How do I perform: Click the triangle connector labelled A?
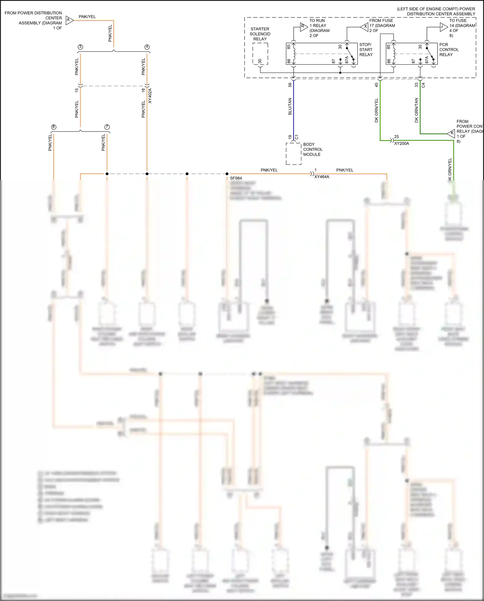click(x=69, y=20)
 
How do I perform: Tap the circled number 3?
click(x=80, y=47)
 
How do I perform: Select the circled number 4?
click(x=147, y=47)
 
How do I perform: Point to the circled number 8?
click(x=54, y=127)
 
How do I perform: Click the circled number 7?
click(x=107, y=127)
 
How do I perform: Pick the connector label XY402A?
click(x=150, y=96)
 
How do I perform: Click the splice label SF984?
click(x=236, y=178)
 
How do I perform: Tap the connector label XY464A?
click(x=322, y=177)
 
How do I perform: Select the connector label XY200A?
click(x=401, y=143)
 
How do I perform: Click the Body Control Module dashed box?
click(x=294, y=154)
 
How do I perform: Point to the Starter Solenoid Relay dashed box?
click(x=260, y=54)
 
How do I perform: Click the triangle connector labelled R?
click(x=303, y=27)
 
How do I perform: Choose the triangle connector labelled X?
click(x=365, y=27)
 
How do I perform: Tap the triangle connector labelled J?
click(x=443, y=27)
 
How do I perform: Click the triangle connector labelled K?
click(x=451, y=133)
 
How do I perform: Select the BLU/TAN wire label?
click(x=290, y=106)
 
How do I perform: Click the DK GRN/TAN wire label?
click(x=416, y=110)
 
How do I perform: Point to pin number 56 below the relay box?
click(x=290, y=85)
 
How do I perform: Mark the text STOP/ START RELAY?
click(x=366, y=49)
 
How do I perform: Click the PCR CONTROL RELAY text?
click(x=449, y=49)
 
